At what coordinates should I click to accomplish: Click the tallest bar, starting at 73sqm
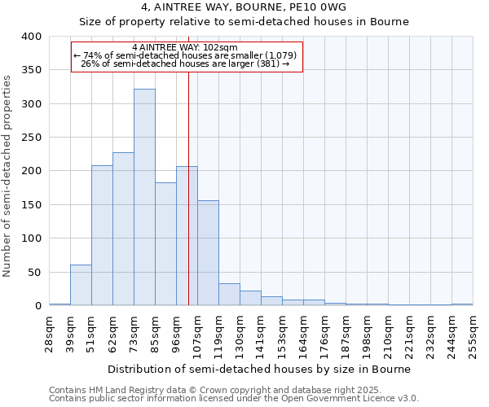[144, 197]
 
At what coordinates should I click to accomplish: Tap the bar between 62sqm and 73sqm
[123, 229]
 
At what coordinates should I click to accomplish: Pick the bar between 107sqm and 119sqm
[208, 253]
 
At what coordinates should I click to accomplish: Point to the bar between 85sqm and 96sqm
[165, 244]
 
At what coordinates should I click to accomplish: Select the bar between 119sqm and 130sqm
[229, 295]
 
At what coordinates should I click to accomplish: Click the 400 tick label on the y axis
[31, 37]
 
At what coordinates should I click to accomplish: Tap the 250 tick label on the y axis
[31, 138]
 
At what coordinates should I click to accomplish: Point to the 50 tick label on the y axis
[34, 273]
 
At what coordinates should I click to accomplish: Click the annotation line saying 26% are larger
[186, 63]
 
